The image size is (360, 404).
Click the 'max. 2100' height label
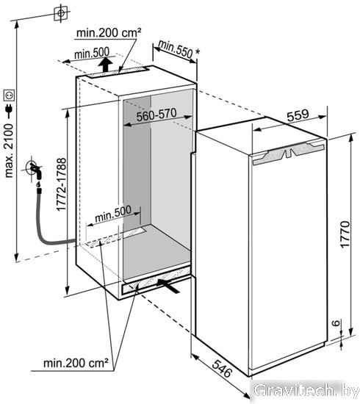(x=9, y=151)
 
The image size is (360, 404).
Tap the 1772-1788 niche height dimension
(x=61, y=184)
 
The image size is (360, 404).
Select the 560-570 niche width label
(x=156, y=115)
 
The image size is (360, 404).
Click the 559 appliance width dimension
(x=298, y=115)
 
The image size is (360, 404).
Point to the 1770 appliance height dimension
(x=345, y=234)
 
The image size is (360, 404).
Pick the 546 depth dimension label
(x=222, y=369)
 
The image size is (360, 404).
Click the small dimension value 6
(x=336, y=323)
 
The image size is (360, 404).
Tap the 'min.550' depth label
(x=176, y=48)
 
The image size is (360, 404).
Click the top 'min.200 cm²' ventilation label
(x=109, y=33)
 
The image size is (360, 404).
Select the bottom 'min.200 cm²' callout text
(x=76, y=363)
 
